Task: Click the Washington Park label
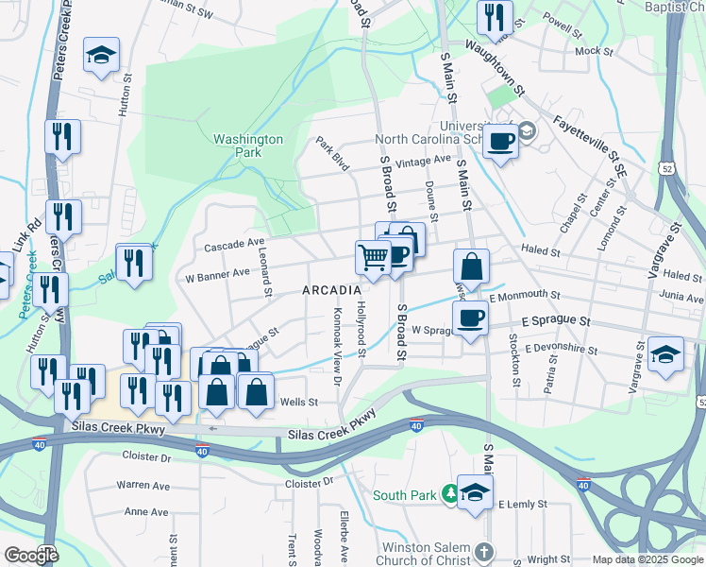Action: point(247,146)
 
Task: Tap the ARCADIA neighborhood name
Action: point(332,290)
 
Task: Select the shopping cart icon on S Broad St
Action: point(374,256)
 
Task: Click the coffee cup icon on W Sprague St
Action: point(471,318)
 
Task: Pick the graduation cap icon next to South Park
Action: point(476,491)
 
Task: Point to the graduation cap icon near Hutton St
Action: point(101,55)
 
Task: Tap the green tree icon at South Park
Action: point(451,493)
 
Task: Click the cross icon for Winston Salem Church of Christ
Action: point(483,551)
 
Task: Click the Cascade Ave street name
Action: point(234,245)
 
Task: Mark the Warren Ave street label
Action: point(143,485)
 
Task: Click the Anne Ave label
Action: point(146,512)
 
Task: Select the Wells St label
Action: point(299,402)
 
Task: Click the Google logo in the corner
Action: point(31,555)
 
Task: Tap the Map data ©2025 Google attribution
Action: point(647,559)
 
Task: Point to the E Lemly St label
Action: point(522,505)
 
